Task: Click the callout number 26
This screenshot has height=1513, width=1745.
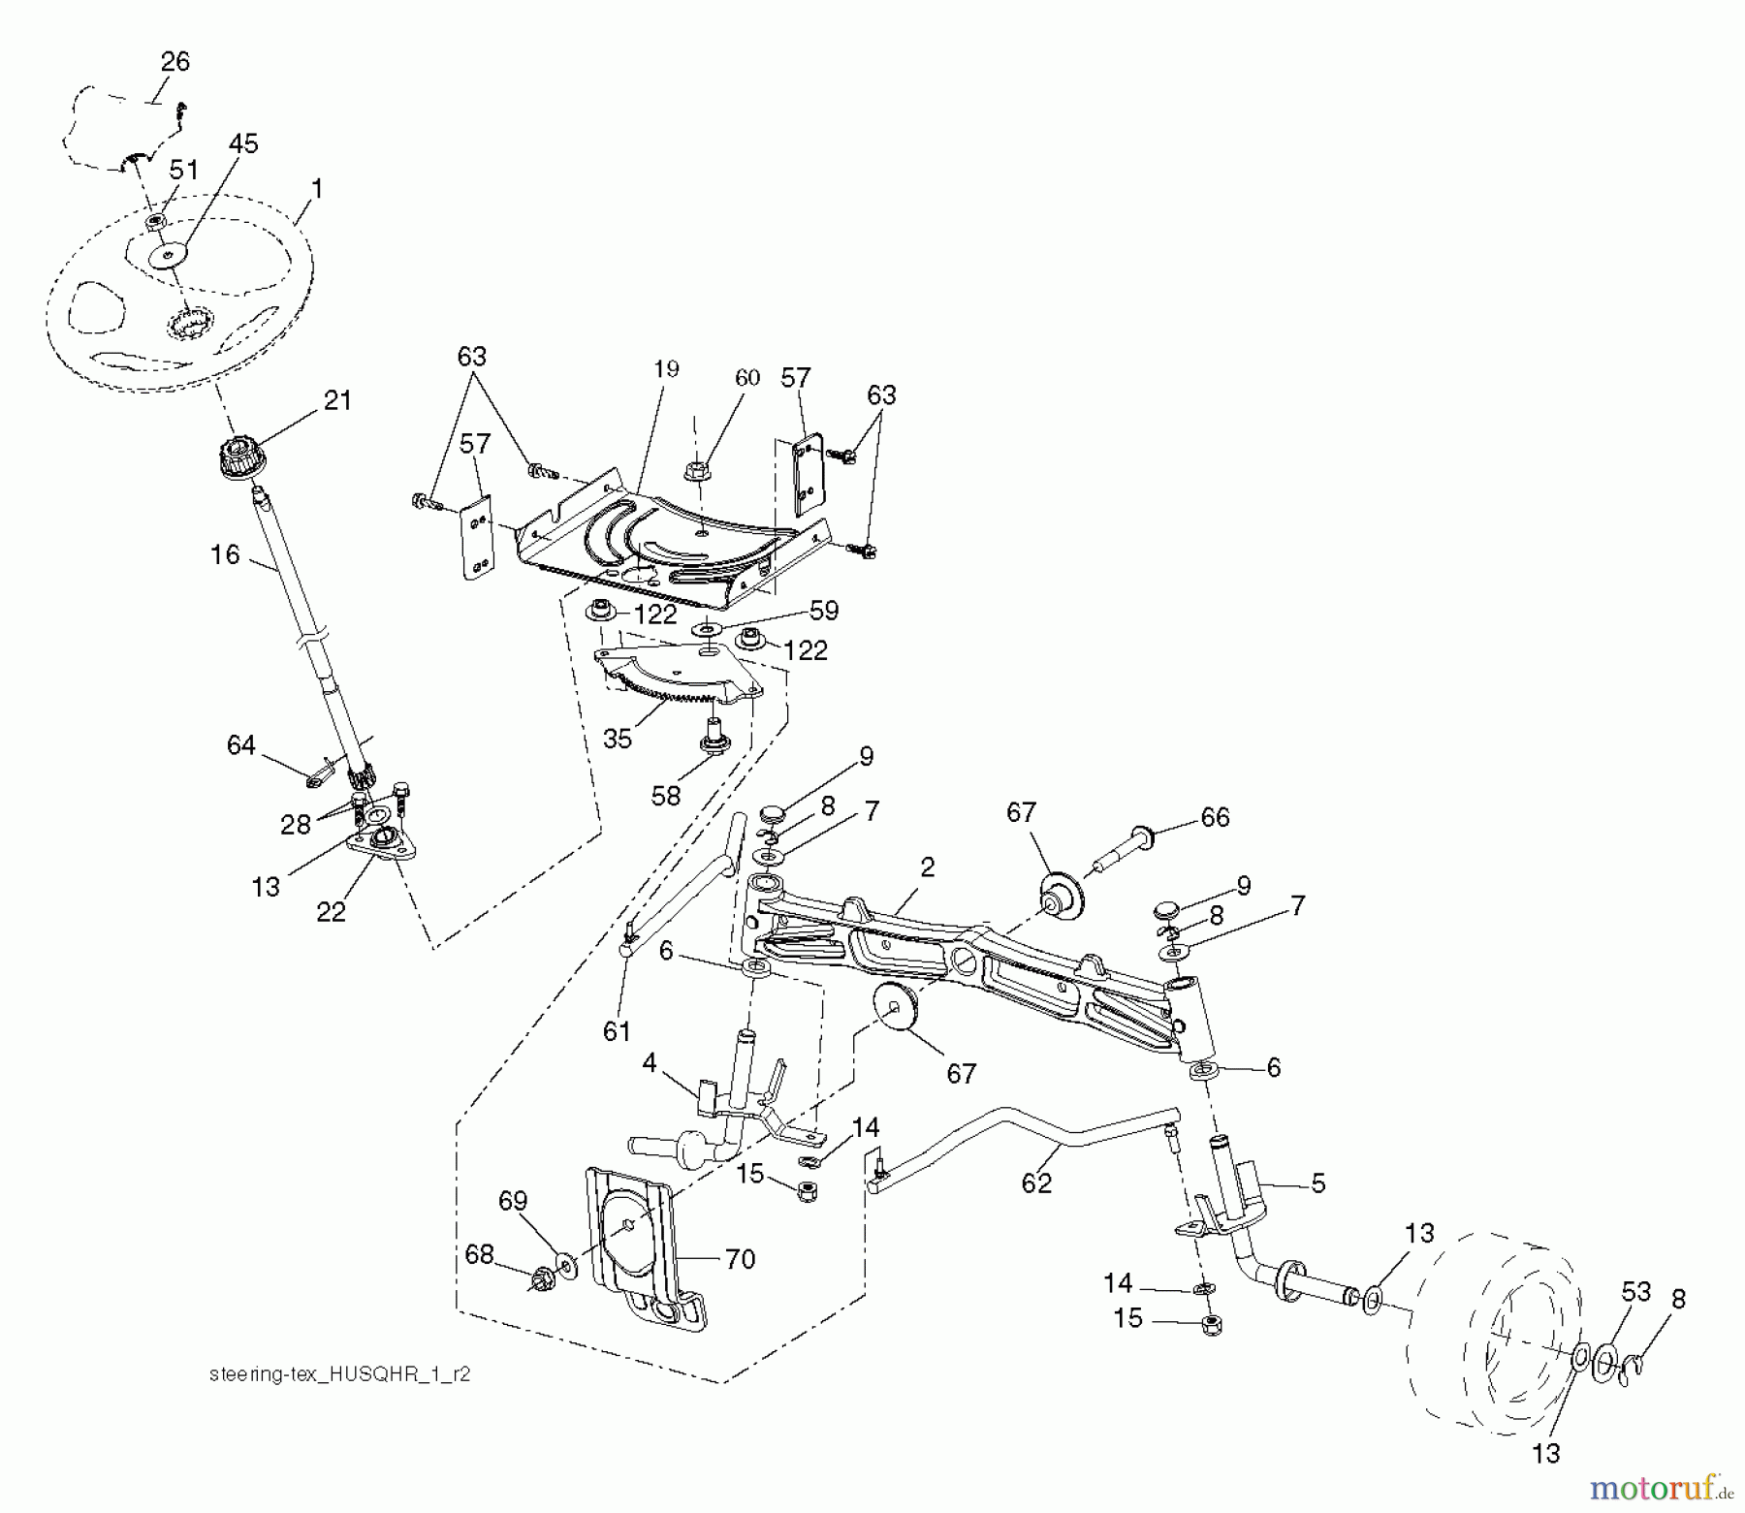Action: pos(174,62)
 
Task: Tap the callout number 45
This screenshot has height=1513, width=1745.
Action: pos(243,144)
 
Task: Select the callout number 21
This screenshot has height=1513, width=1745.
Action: pos(337,400)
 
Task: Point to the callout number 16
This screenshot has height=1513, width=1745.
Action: pos(225,554)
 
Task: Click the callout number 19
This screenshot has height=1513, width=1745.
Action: pos(666,368)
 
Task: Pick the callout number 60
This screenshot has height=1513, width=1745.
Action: pos(746,378)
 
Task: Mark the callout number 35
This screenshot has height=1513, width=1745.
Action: pos(618,739)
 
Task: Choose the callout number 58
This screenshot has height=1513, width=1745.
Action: pos(666,795)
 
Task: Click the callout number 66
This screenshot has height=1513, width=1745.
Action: pos(1215,817)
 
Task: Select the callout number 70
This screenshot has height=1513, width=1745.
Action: pos(740,1259)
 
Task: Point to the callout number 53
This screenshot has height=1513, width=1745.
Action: pos(1635,1291)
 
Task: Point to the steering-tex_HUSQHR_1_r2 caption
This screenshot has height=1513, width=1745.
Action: pos(339,1374)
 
